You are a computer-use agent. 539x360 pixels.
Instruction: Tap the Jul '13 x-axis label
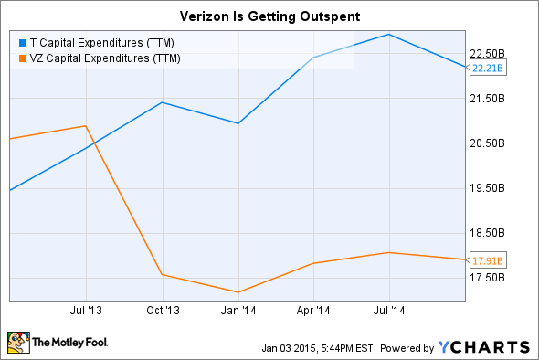click(86, 311)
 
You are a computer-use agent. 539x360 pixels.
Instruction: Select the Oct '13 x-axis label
click(163, 311)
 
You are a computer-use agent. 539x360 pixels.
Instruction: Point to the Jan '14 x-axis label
click(238, 311)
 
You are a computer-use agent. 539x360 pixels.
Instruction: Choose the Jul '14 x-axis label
click(390, 311)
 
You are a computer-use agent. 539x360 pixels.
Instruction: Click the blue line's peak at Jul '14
click(390, 35)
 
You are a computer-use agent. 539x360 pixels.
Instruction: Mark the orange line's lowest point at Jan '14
click(238, 292)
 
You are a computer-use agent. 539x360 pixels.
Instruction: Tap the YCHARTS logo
click(483, 347)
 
